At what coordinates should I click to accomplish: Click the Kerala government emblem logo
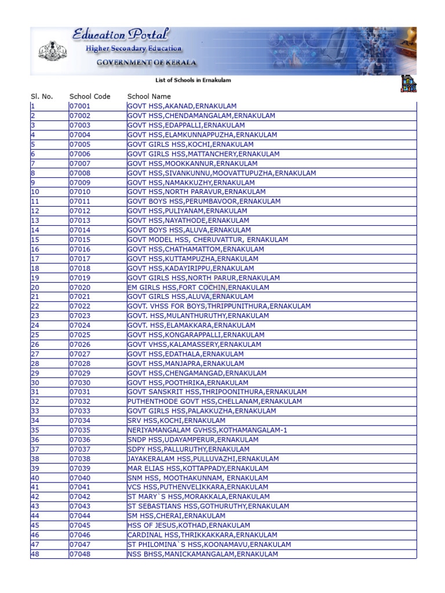click(53, 52)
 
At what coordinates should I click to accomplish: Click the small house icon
click(408, 83)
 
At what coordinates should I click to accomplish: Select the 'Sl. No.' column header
click(41, 97)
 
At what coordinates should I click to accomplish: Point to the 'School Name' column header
click(149, 97)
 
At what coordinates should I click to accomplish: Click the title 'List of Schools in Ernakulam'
click(194, 80)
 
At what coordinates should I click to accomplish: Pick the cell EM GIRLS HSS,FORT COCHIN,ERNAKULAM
click(198, 287)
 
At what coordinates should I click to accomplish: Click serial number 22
click(35, 306)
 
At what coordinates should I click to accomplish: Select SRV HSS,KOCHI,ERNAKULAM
click(176, 420)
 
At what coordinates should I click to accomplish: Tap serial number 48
click(35, 554)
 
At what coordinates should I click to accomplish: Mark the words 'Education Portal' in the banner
click(121, 35)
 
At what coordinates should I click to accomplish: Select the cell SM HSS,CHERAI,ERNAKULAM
click(176, 516)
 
